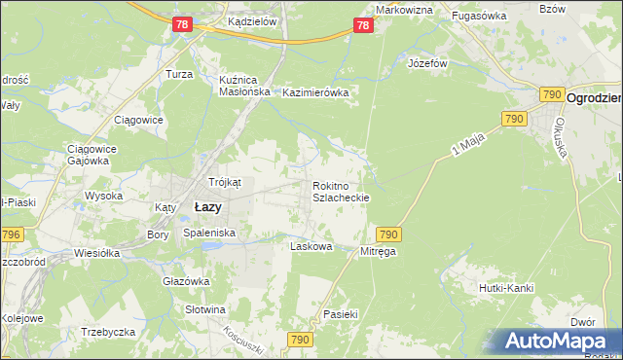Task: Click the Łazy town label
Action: [207, 207]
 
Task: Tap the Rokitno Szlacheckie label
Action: [340, 191]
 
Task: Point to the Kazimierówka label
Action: [314, 92]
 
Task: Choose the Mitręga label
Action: [379, 250]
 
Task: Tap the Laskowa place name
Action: [311, 247]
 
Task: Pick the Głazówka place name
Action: [186, 281]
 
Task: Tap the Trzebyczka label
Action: [108, 332]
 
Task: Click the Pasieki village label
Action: [342, 315]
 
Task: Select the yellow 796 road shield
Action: [11, 234]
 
